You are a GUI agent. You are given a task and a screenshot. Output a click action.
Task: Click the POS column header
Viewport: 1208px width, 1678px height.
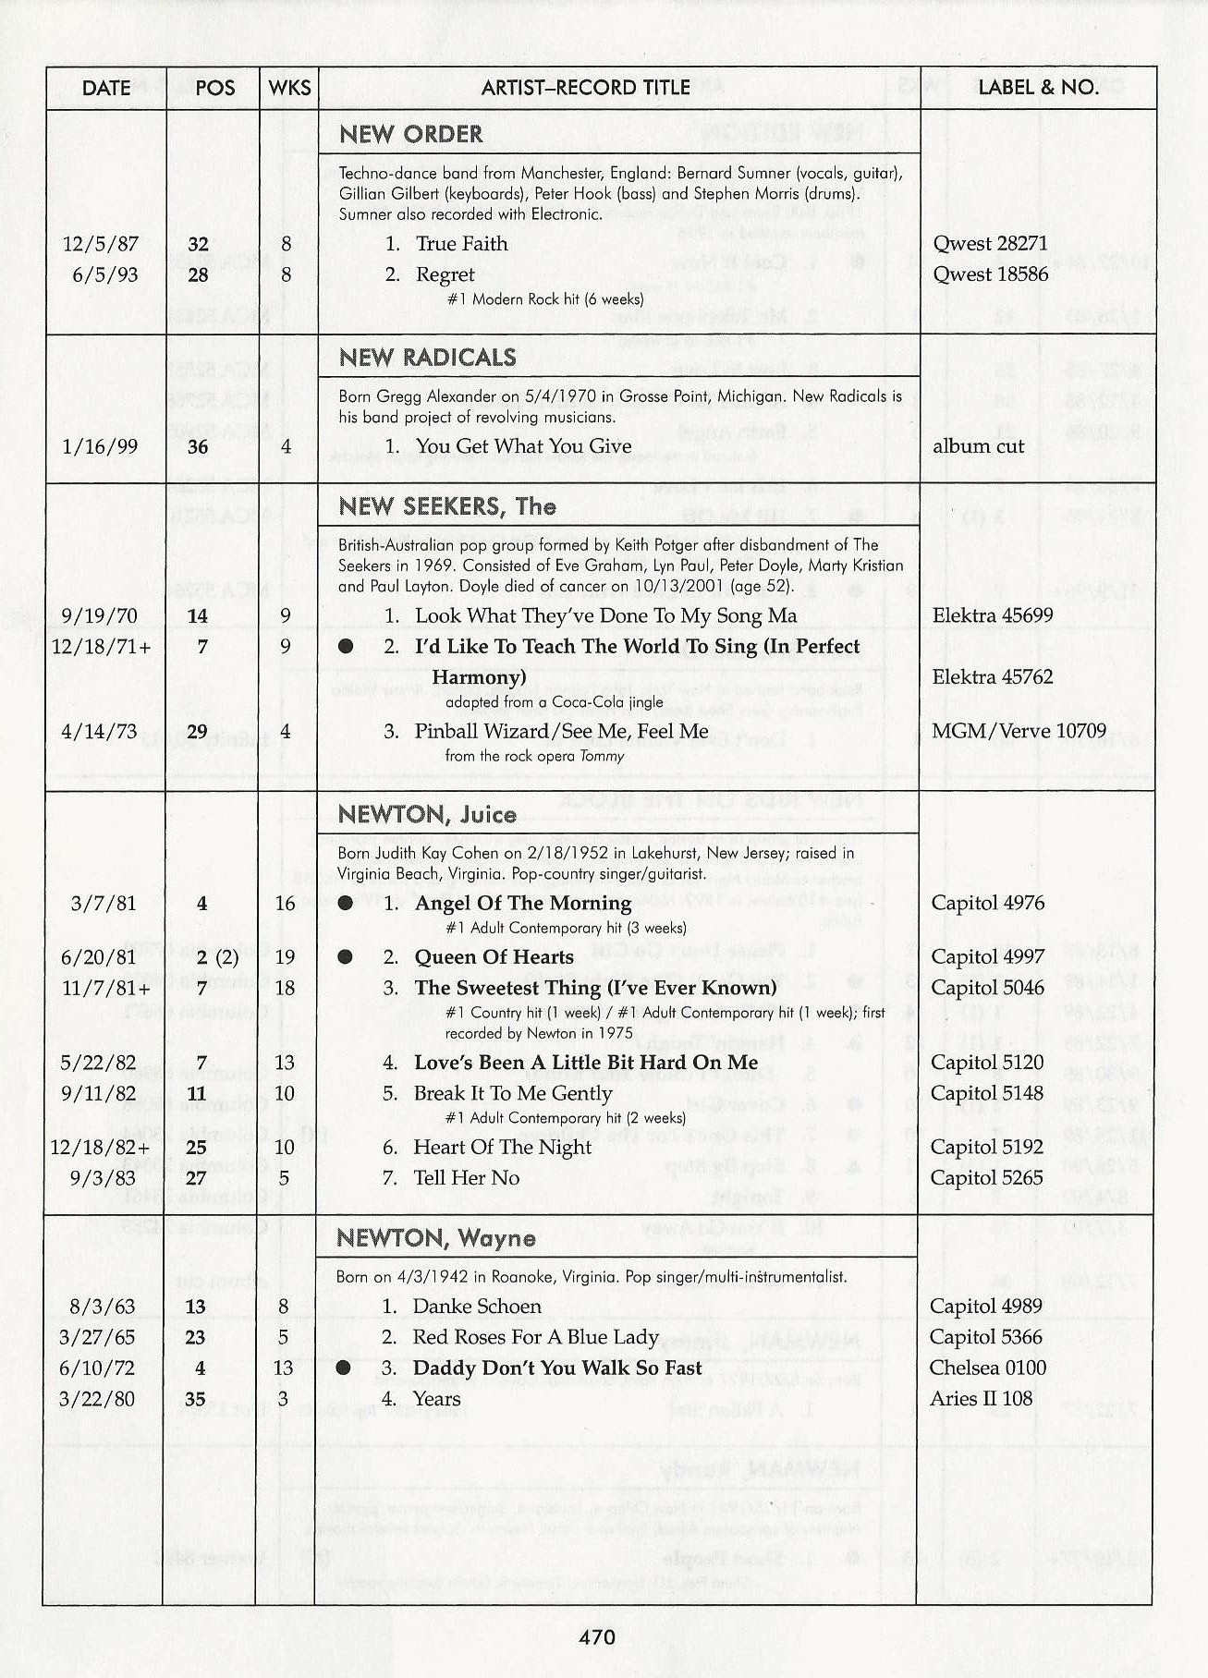[x=214, y=88]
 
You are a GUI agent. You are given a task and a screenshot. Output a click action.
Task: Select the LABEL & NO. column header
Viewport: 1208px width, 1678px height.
[x=1038, y=88]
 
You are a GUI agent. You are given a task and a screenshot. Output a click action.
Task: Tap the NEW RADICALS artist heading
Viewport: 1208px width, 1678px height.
[x=427, y=358]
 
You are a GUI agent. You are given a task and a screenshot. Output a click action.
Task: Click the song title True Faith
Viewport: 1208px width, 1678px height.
[x=461, y=244]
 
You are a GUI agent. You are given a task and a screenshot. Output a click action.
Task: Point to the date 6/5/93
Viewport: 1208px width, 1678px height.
[x=104, y=275]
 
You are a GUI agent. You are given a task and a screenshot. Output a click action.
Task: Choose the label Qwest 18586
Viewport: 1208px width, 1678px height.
[x=990, y=274]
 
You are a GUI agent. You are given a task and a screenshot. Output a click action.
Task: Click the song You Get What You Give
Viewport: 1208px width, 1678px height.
[x=523, y=446]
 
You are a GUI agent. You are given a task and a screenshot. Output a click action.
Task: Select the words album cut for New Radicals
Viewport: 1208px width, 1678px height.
[x=978, y=446]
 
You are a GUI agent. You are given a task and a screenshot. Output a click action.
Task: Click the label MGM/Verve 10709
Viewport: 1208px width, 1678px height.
[x=1019, y=731]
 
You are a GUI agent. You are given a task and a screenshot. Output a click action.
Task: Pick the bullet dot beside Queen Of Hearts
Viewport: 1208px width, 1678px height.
[x=345, y=957]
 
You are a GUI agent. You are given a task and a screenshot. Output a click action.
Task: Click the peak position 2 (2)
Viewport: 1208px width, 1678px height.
[x=217, y=957]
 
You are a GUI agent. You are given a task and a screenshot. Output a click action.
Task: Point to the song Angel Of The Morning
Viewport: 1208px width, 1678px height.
[x=523, y=903]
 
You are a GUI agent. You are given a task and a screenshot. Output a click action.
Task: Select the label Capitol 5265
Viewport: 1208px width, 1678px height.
[x=986, y=1178]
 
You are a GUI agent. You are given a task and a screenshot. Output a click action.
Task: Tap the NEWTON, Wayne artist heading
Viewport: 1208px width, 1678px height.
[x=435, y=1238]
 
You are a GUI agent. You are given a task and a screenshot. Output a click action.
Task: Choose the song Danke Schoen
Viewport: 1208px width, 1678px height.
[x=477, y=1307]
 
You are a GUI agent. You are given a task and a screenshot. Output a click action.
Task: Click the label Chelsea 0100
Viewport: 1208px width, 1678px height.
[x=987, y=1368]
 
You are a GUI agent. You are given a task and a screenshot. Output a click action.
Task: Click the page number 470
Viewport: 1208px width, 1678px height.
[x=597, y=1637]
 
